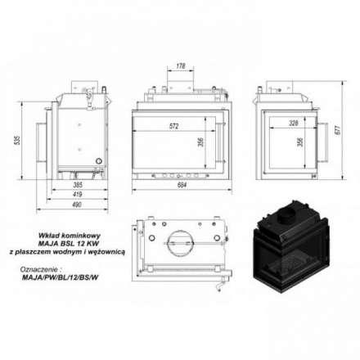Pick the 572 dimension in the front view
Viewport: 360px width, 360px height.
pos(173,126)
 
